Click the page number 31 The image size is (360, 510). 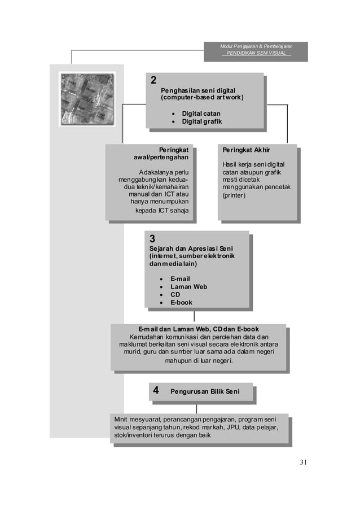pyautogui.click(x=303, y=463)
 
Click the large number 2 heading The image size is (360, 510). pyautogui.click(x=153, y=80)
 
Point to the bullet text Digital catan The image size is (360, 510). pyautogui.click(x=201, y=114)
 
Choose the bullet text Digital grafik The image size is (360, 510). pyautogui.click(x=201, y=121)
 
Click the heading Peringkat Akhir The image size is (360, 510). pyautogui.click(x=246, y=150)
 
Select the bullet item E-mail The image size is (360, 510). pyautogui.click(x=180, y=279)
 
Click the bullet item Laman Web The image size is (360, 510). pyautogui.click(x=188, y=287)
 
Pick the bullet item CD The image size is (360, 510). pyautogui.click(x=175, y=295)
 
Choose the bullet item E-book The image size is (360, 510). pyautogui.click(x=181, y=303)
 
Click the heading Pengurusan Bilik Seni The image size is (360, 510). pyautogui.click(x=204, y=391)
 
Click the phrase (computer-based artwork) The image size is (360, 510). pyautogui.click(x=202, y=98)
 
